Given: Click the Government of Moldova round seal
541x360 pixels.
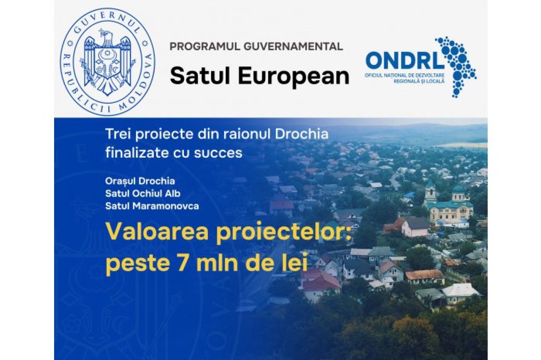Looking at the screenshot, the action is (x=107, y=62).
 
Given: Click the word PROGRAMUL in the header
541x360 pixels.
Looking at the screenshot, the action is (x=205, y=46).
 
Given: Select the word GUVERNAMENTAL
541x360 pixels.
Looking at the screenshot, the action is (x=293, y=46).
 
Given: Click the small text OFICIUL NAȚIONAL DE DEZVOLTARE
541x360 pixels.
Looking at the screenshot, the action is (x=404, y=76).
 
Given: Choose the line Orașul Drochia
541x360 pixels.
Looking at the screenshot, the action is (x=140, y=181).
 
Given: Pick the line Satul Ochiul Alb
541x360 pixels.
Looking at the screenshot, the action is (x=143, y=193).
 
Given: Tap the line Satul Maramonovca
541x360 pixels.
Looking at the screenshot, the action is (x=152, y=206).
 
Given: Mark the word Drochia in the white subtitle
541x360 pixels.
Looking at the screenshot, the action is (x=302, y=134).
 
